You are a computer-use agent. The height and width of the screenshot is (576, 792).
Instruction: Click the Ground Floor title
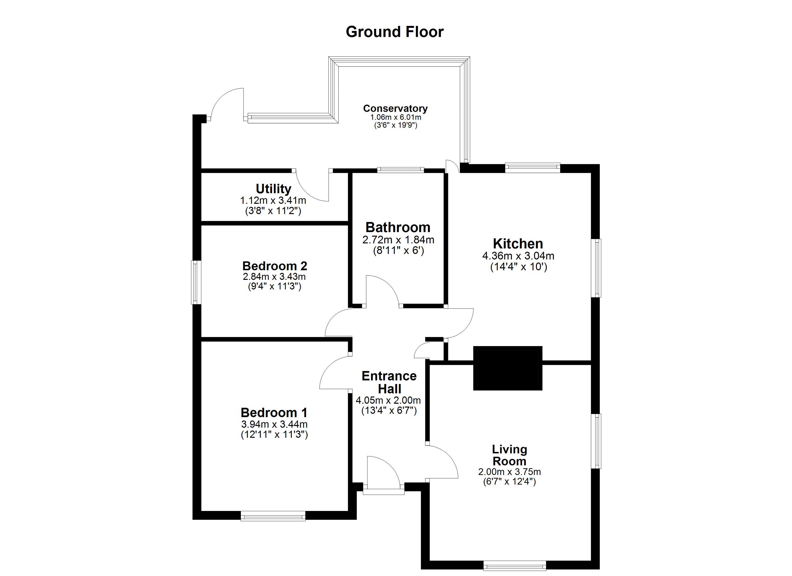click(395, 32)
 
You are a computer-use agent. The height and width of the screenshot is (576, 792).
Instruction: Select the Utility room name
click(273, 189)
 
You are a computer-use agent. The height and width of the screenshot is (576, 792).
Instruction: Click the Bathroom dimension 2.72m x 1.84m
click(398, 240)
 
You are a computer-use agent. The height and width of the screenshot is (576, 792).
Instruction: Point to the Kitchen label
click(518, 243)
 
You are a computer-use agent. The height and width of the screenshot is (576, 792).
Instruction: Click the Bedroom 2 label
click(275, 266)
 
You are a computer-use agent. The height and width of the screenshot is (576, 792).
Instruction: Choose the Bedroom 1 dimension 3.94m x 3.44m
click(274, 424)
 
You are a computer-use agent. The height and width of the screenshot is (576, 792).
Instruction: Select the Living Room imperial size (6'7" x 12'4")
click(509, 482)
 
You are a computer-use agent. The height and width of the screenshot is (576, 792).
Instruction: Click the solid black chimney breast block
click(507, 368)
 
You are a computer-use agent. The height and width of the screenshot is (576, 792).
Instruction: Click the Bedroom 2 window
click(196, 282)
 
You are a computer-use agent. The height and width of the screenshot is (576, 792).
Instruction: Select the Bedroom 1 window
click(273, 516)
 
